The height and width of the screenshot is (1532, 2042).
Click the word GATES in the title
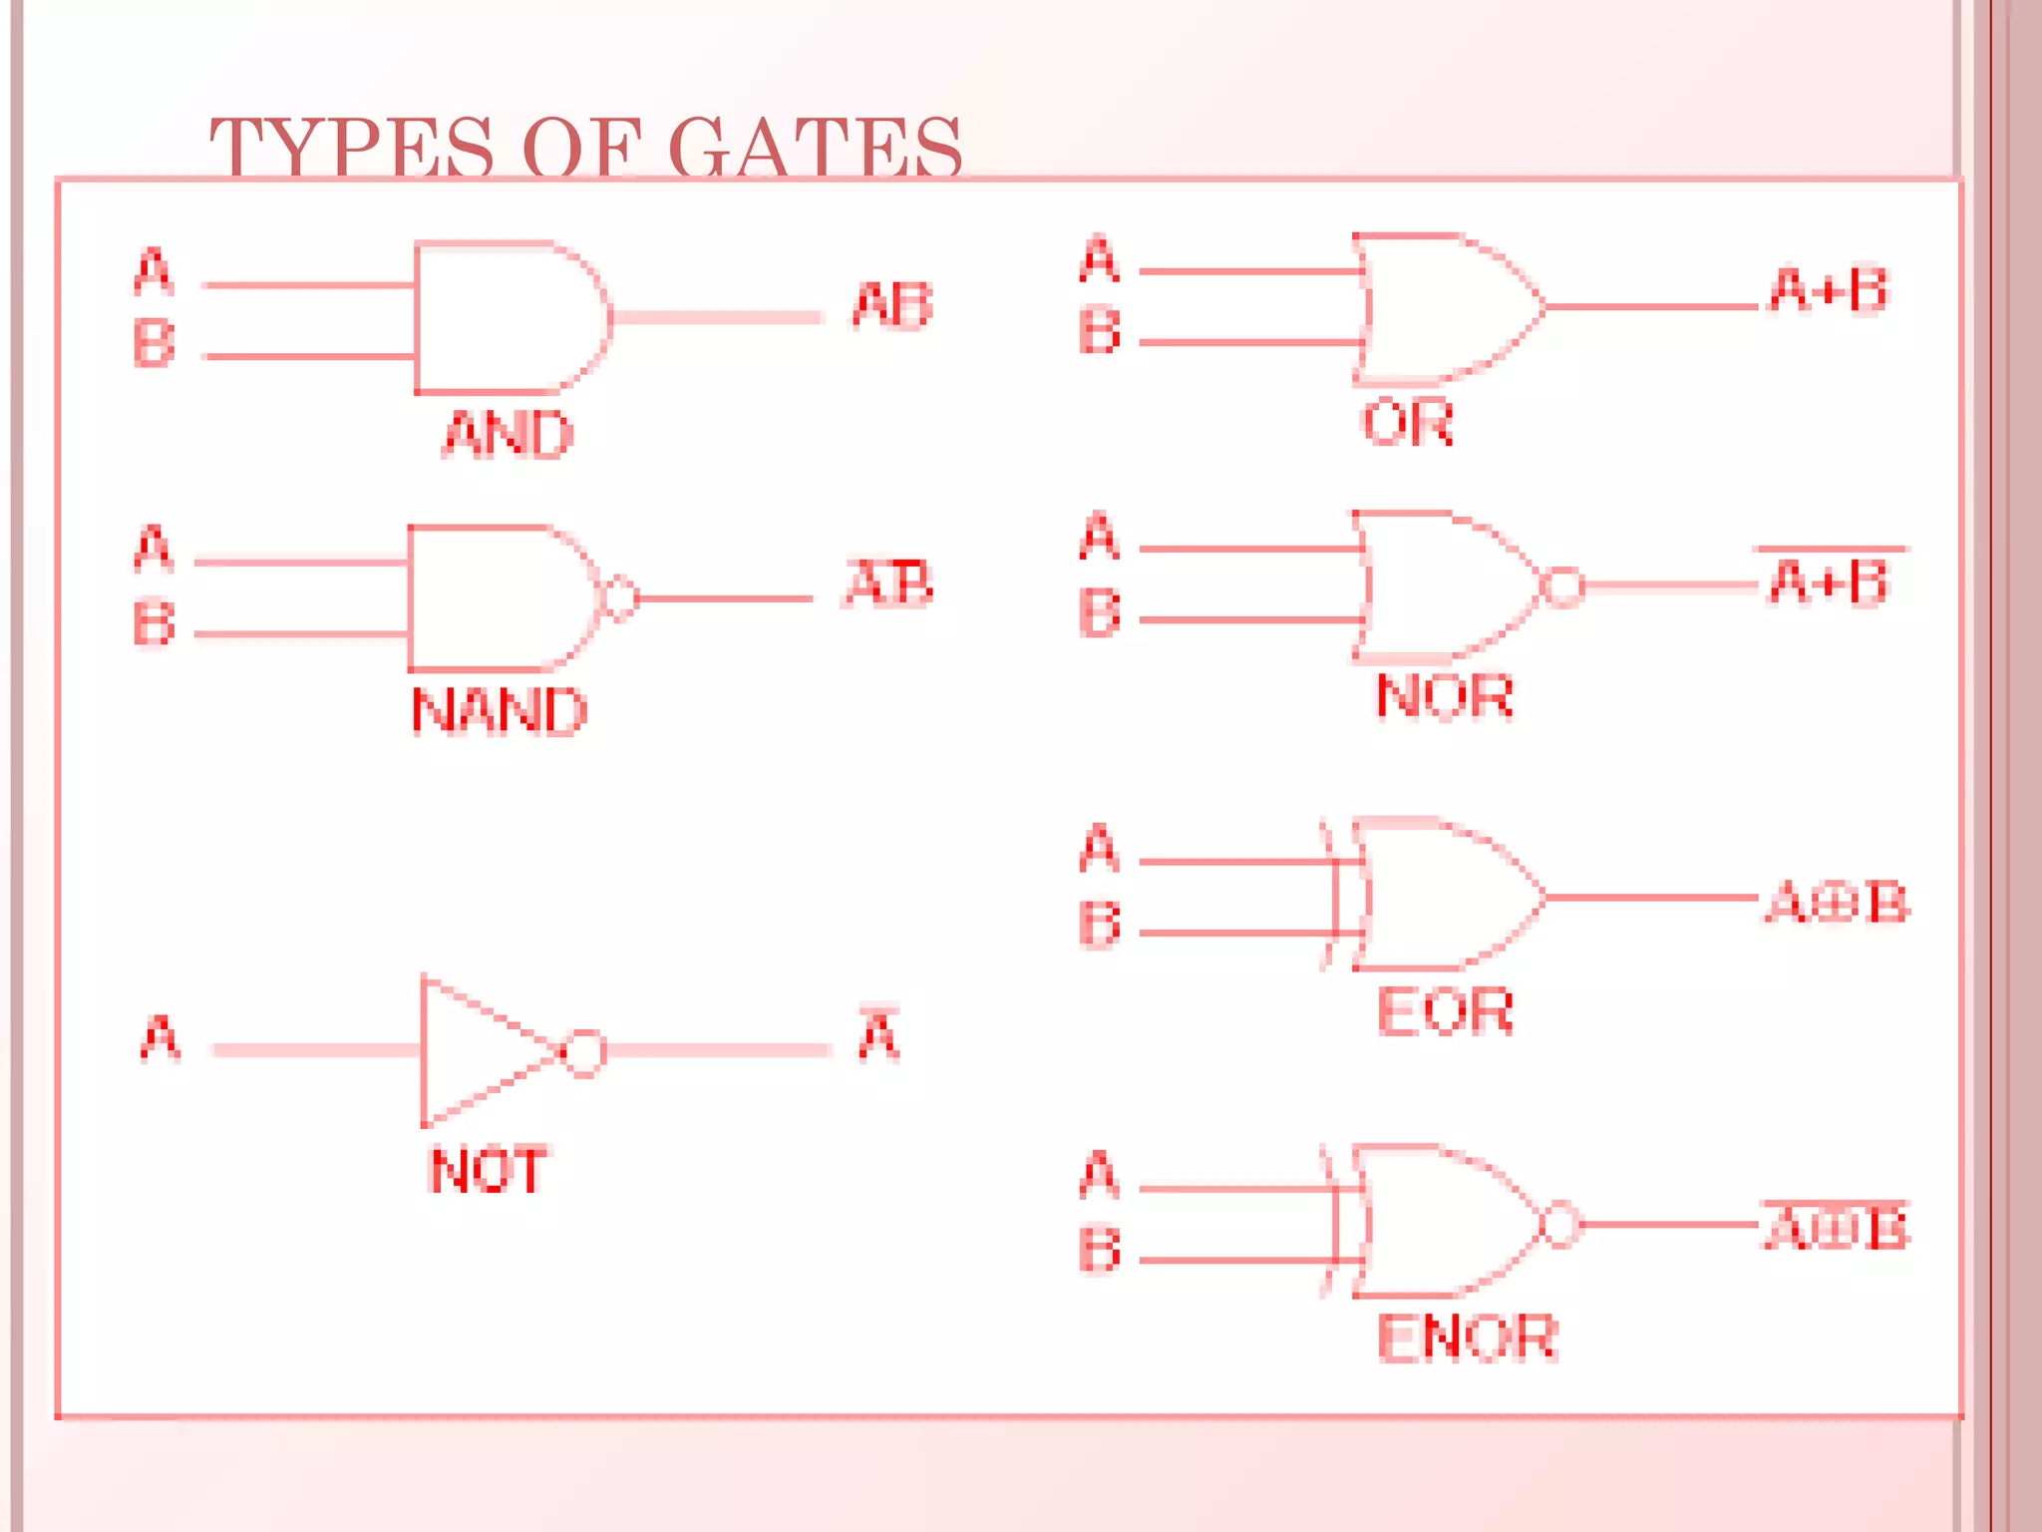[x=816, y=148]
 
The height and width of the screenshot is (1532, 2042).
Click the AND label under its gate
[x=508, y=434]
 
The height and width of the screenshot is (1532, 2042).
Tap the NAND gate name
[x=500, y=711]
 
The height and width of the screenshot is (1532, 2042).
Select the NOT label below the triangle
[x=488, y=1170]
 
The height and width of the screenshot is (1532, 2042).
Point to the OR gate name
[x=1407, y=422]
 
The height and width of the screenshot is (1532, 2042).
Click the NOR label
[x=1445, y=695]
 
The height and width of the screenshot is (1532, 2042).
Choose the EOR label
[x=1445, y=1011]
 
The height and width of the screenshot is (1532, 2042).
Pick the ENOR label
[x=1467, y=1338]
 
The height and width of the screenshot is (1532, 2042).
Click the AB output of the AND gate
[x=892, y=305]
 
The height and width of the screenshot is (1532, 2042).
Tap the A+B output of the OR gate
[x=1829, y=290]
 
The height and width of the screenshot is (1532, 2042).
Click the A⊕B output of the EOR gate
[x=1837, y=903]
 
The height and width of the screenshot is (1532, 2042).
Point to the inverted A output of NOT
[x=878, y=1035]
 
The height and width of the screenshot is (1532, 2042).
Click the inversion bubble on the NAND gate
[x=621, y=598]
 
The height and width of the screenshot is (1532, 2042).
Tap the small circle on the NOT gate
[x=584, y=1051]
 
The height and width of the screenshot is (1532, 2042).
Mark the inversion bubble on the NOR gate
[x=1562, y=585]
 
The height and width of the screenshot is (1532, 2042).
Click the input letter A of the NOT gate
[x=161, y=1038]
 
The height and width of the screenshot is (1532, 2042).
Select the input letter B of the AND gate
[x=154, y=343]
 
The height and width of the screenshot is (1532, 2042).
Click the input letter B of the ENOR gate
[x=1100, y=1250]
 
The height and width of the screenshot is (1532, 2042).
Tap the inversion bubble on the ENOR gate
[x=1560, y=1224]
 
